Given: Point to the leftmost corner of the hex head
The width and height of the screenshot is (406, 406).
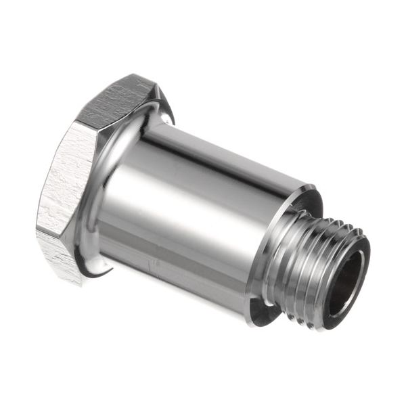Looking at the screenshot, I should [x=37, y=230].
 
